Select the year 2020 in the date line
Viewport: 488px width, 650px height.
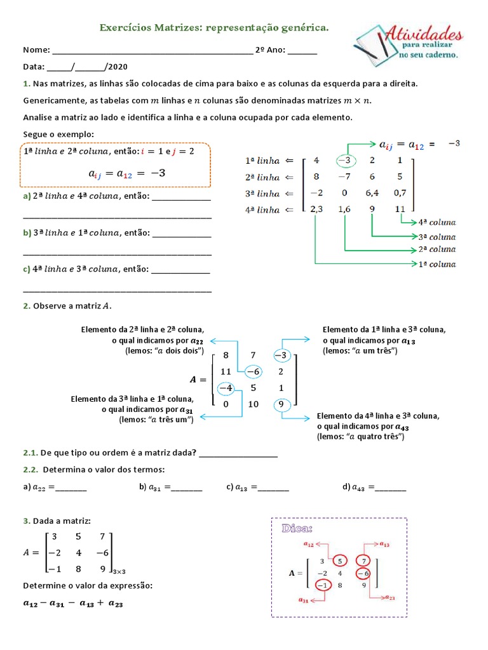[x=118, y=67]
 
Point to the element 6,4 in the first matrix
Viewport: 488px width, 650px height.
[x=372, y=193]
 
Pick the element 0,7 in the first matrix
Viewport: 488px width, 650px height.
[x=400, y=193]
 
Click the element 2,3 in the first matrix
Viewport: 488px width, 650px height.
[x=315, y=209]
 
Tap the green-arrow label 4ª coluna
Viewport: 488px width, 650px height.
[x=437, y=222]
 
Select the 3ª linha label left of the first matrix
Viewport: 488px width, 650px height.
[x=262, y=194]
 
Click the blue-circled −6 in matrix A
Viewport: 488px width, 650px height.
[x=254, y=371]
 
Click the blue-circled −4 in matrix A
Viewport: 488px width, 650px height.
[x=226, y=388]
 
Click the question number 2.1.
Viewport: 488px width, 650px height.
[x=30, y=453]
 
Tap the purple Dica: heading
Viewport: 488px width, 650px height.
[x=297, y=528]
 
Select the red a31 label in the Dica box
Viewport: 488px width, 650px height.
[x=305, y=599]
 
